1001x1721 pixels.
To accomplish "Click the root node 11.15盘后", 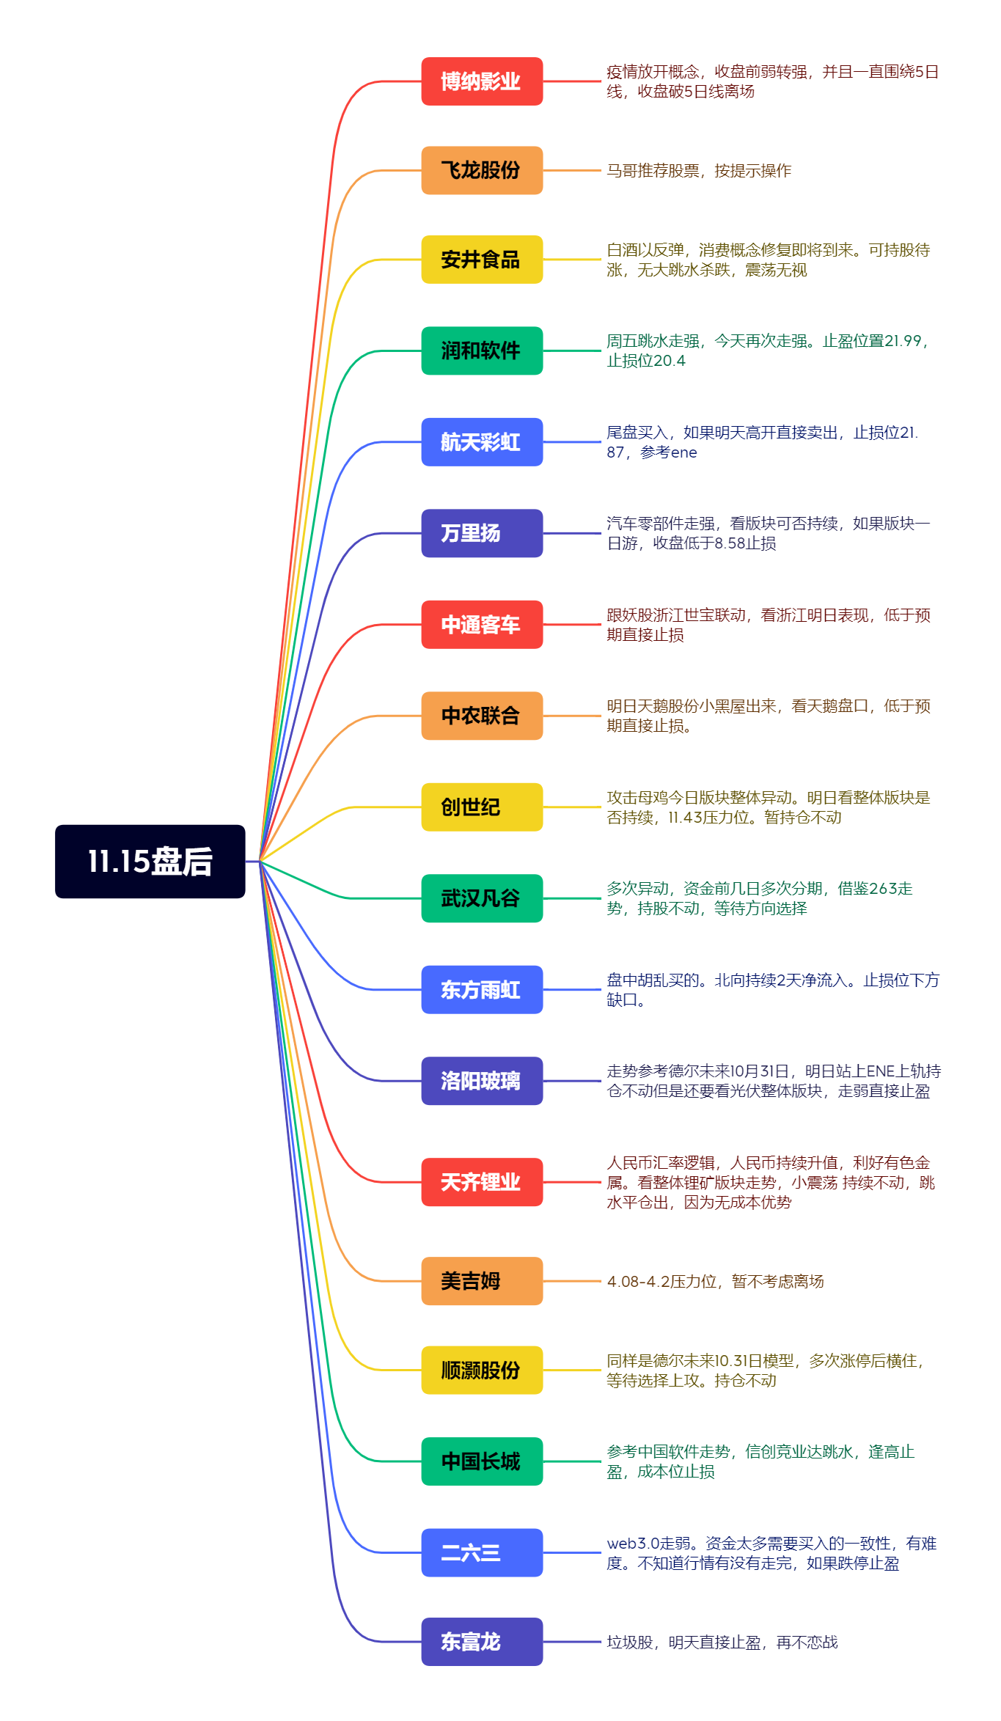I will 150,862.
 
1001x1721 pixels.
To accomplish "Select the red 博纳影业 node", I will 482,81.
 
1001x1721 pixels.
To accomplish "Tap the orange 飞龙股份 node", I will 482,170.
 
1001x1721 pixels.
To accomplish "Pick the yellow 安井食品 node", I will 482,260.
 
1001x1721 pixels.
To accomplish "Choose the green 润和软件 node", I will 482,351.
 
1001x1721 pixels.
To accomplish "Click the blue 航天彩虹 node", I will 482,442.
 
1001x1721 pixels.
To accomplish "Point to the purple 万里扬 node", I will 482,533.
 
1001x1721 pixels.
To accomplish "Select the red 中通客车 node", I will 482,625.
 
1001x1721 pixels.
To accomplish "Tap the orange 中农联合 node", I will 482,716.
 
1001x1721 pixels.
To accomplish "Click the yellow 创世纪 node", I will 482,807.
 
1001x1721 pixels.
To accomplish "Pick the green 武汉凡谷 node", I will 482,898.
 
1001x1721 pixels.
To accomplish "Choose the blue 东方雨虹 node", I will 482,990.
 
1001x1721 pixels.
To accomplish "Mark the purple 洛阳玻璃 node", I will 482,1081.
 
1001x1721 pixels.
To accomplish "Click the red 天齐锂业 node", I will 482,1182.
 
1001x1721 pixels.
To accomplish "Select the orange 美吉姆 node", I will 482,1281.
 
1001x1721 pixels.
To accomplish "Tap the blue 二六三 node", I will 482,1552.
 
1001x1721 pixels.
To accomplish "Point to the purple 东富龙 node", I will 482,1642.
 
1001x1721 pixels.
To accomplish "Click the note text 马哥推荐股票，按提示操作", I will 699,171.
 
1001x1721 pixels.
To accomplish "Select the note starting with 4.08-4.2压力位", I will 715,1282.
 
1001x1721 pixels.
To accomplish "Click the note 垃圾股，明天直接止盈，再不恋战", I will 722,1643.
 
